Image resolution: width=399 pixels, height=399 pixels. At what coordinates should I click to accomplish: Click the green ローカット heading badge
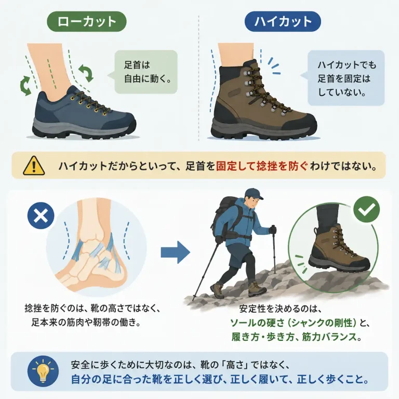[87, 21]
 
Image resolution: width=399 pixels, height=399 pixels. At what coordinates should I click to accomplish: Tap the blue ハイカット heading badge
[283, 21]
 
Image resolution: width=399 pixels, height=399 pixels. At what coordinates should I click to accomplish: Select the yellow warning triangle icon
[34, 166]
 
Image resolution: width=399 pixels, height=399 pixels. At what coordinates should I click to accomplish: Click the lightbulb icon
[43, 371]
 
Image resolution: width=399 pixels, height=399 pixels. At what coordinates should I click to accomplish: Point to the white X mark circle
[41, 216]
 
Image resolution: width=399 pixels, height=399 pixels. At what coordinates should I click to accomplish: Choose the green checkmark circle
[366, 209]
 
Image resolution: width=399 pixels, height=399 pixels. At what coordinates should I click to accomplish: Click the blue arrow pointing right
[175, 252]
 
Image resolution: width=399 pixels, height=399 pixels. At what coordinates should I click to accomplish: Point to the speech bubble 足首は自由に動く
[146, 72]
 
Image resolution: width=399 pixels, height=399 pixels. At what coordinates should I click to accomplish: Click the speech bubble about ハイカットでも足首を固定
[345, 78]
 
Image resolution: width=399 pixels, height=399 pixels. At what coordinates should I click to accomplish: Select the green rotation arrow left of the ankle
[25, 86]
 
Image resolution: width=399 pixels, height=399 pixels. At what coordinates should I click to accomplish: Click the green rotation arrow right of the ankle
[86, 73]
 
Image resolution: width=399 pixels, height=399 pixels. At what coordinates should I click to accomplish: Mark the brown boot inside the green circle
[338, 249]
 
